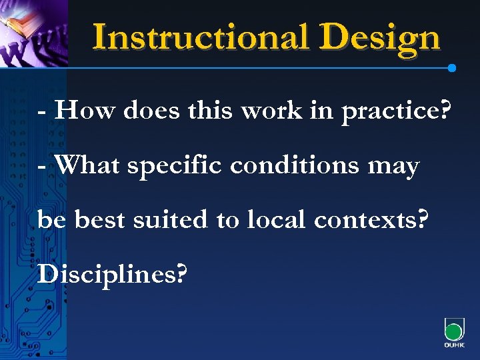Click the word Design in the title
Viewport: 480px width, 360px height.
(380, 38)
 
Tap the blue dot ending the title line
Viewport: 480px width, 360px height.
(452, 68)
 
